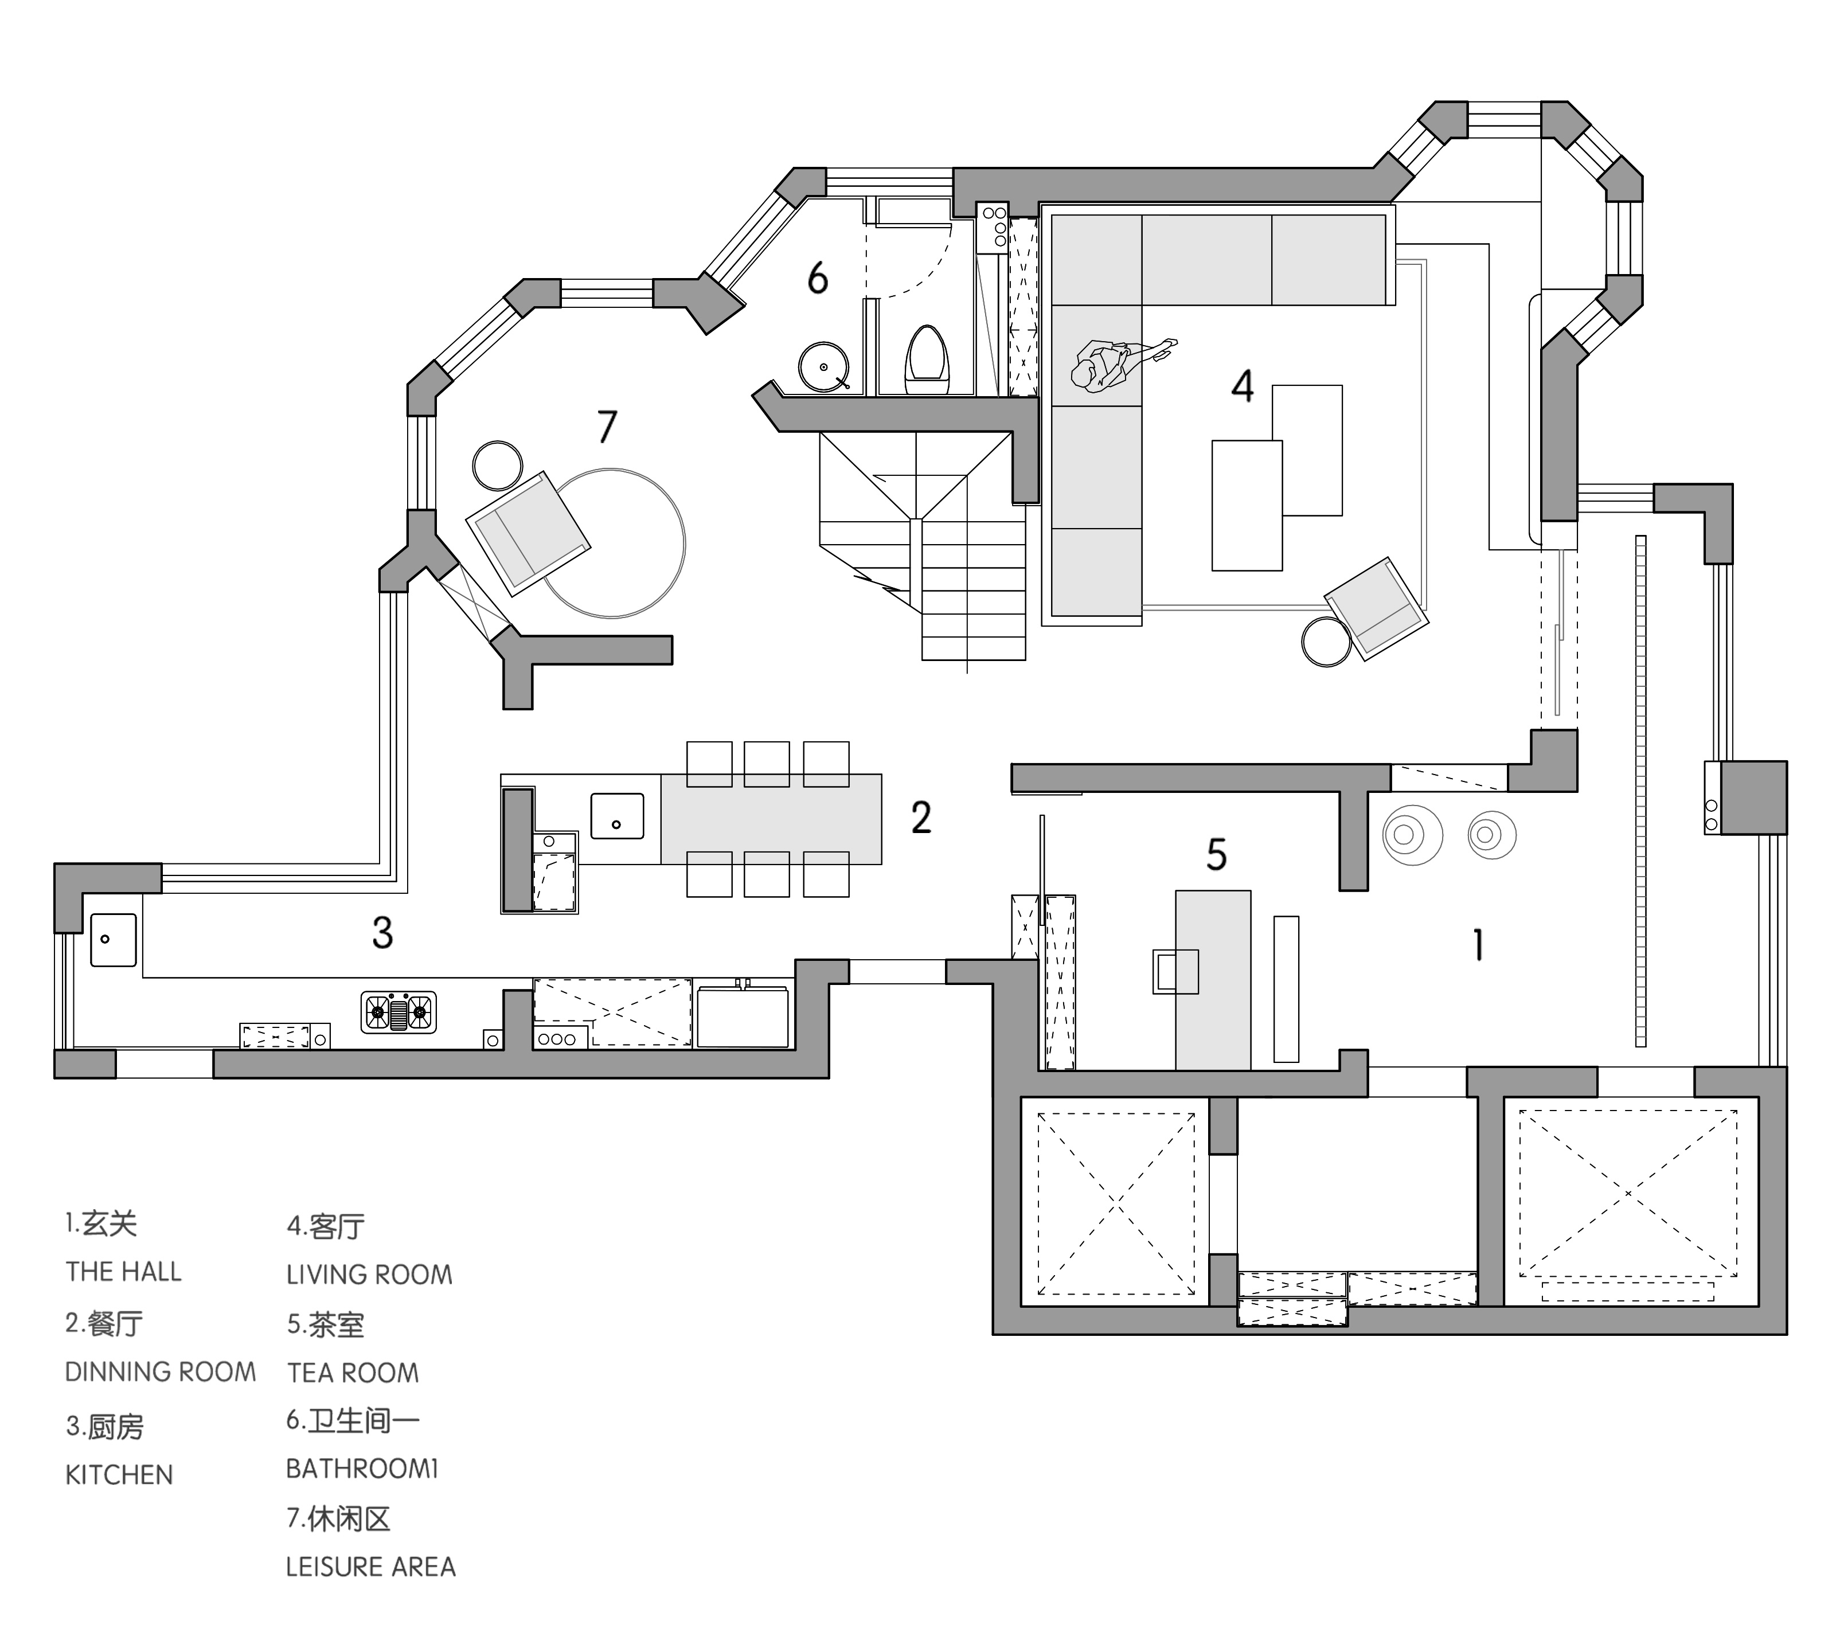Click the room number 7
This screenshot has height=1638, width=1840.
[608, 427]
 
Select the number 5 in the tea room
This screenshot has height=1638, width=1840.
[1216, 855]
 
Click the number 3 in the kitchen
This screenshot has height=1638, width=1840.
[382, 934]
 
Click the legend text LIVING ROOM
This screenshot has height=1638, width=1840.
[369, 1275]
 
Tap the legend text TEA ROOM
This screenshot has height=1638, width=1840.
[353, 1373]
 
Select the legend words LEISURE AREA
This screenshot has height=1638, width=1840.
[371, 1567]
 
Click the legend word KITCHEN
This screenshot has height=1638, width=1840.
[119, 1475]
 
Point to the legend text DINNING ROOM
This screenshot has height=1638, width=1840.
[160, 1373]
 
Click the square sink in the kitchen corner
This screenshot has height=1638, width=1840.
[114, 940]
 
